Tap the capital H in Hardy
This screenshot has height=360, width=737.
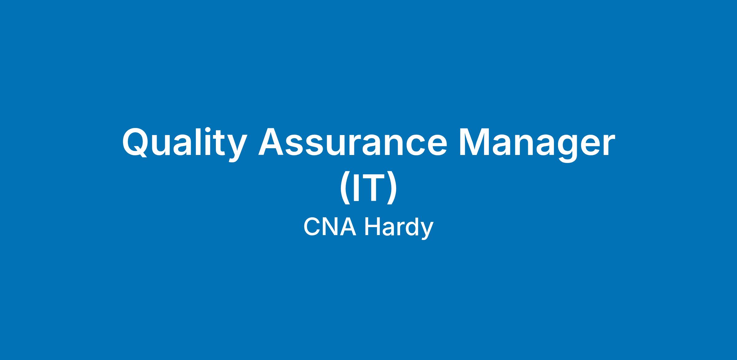(372, 227)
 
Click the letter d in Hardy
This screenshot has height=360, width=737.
(411, 227)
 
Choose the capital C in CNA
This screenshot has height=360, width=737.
(312, 227)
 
